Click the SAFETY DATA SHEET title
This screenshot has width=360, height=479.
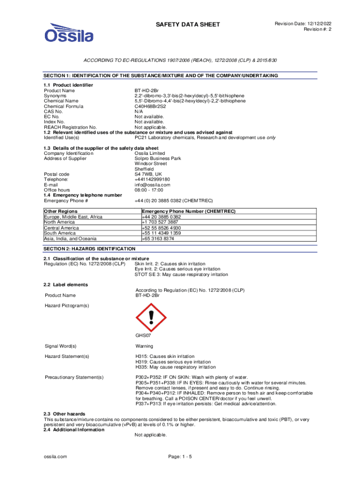187,24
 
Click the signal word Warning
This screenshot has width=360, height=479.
144,346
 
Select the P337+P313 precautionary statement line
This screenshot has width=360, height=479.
202,403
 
